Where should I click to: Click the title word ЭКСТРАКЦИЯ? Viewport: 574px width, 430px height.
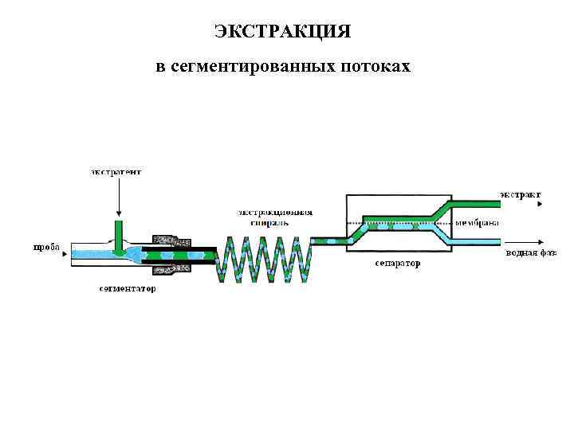pos(283,32)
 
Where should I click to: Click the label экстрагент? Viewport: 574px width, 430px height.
pos(116,171)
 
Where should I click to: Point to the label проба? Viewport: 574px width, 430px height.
pos(45,248)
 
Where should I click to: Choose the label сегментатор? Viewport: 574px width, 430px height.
pos(128,288)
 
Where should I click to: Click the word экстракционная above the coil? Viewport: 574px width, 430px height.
pos(275,213)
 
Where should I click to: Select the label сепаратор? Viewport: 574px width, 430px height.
pos(397,262)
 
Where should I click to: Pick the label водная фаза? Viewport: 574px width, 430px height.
pos(530,254)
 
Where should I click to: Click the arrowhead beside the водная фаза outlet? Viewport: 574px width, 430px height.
pos(541,241)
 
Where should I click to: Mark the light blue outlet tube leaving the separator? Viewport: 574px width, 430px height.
pos(478,240)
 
